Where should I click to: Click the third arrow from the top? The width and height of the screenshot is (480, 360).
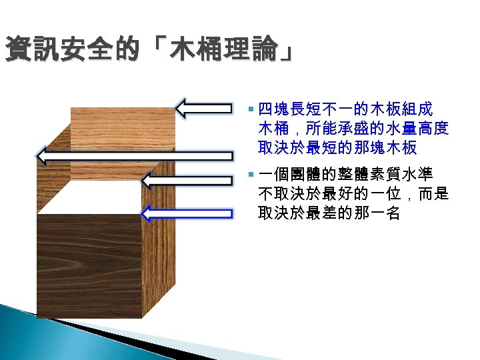pyautogui.click(x=188, y=180)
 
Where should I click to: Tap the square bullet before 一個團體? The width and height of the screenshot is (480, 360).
pyautogui.click(x=250, y=176)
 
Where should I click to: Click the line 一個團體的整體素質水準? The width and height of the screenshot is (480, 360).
pyautogui.click(x=345, y=176)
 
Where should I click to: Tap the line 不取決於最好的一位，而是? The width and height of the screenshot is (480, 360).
pyautogui.click(x=353, y=195)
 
